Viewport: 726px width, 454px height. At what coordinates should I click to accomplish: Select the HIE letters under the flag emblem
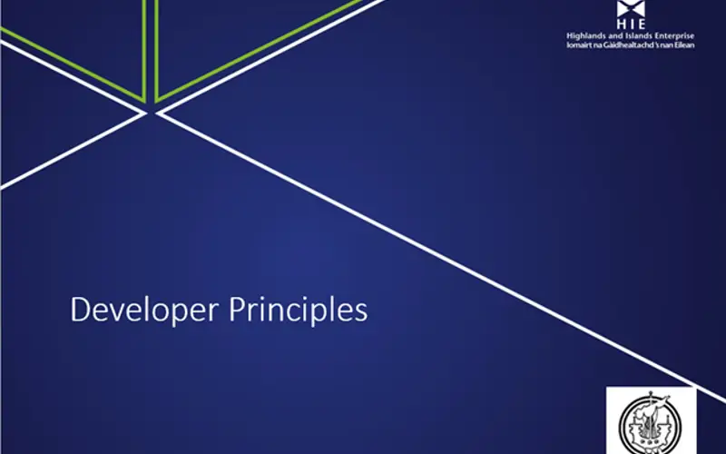630,26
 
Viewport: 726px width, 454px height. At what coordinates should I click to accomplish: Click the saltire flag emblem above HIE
630,9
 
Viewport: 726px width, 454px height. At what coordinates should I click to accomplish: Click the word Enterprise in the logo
672,35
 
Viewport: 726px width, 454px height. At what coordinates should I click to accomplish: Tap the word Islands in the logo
635,35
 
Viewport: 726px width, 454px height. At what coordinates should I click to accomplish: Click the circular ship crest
651,423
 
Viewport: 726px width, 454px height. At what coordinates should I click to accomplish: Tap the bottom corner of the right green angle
158,100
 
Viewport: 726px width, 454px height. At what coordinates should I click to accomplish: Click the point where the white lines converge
151,112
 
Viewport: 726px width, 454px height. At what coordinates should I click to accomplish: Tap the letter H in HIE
620,26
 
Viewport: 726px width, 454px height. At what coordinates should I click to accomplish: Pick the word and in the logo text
614,35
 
